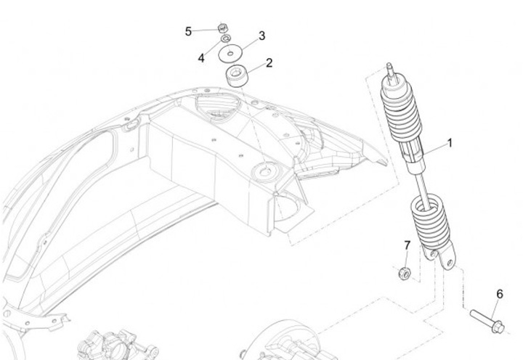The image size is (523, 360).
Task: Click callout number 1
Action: pyautogui.click(x=450, y=143)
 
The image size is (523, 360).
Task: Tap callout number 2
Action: pyautogui.click(x=269, y=63)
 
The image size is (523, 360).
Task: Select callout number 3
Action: pyautogui.click(x=261, y=36)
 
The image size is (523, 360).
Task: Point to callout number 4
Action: pyautogui.click(x=201, y=58)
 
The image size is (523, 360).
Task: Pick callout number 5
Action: pyautogui.click(x=189, y=31)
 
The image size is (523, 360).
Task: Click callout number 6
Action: pyautogui.click(x=499, y=294)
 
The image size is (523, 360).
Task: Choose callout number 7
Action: pyautogui.click(x=407, y=245)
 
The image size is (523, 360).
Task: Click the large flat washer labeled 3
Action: pyautogui.click(x=233, y=53)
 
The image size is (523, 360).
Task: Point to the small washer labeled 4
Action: pyautogui.click(x=226, y=38)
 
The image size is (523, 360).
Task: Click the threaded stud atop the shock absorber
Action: pyautogui.click(x=392, y=71)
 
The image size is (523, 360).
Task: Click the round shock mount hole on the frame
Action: pyautogui.click(x=261, y=171)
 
